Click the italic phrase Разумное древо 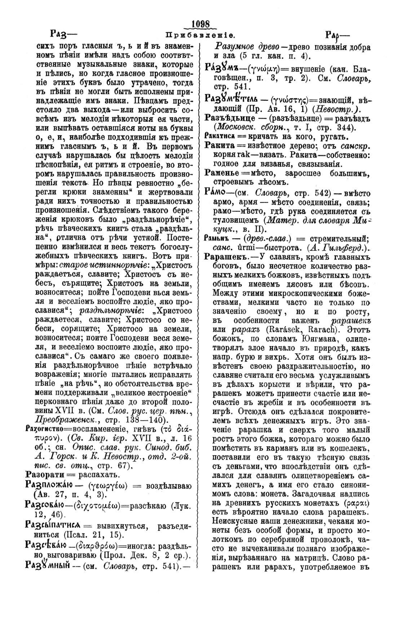(x=247, y=47)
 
